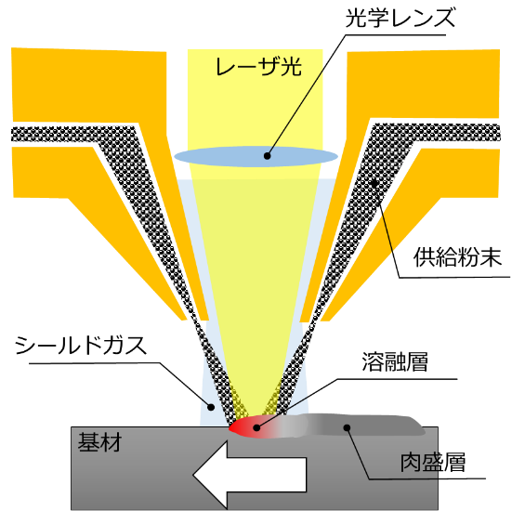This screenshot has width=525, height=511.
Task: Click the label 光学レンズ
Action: pos(400,18)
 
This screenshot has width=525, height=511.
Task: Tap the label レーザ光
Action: pos(258,66)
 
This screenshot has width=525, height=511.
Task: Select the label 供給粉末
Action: pos(457,257)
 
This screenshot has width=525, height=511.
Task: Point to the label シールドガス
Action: pos(81,346)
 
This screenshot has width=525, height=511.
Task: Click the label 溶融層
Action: pos(395,362)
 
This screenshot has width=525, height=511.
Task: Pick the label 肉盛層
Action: pos(433,463)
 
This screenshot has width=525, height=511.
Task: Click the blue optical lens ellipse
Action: pos(256,156)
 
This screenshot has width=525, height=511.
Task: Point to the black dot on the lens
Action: pos(267,156)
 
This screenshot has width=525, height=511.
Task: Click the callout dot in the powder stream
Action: pos(375,183)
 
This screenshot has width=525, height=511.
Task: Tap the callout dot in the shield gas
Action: pos(211,407)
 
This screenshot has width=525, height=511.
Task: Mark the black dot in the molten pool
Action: pos(256,427)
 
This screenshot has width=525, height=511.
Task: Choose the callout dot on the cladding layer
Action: pos(348,427)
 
